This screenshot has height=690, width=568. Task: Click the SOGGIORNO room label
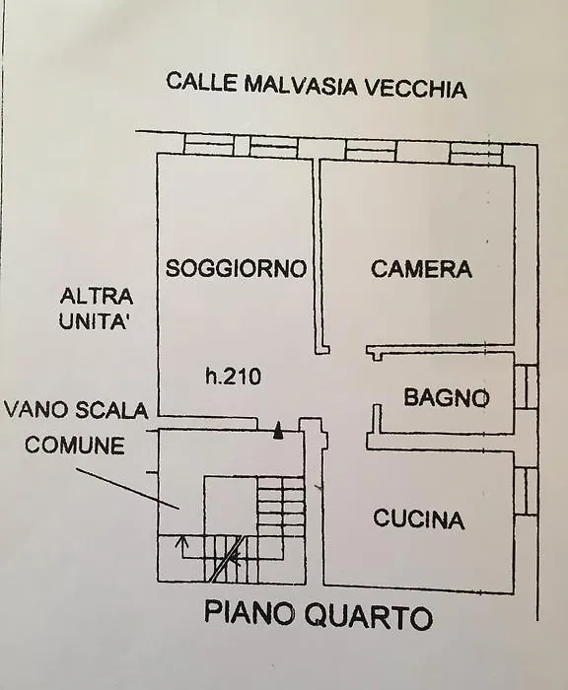236,268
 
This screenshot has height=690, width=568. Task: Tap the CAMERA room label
421,268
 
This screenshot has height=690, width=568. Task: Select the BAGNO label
447,397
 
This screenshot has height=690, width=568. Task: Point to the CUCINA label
419,518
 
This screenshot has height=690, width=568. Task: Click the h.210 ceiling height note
234,377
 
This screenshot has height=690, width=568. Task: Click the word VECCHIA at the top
416,88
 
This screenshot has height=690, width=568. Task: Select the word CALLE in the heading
202,82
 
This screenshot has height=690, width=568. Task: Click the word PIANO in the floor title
249,613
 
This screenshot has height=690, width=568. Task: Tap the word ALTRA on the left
97,296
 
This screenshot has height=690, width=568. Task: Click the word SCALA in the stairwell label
111,411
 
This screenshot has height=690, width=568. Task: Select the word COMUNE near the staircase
74,446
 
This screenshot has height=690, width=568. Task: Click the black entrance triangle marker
277,431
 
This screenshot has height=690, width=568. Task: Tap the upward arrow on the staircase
180,546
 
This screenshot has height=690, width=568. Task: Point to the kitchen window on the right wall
527,491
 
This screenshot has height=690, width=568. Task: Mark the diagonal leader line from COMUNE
127,489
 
